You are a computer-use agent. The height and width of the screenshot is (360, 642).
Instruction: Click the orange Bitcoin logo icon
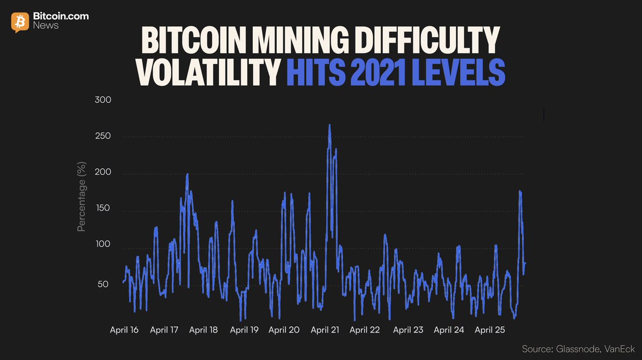click(20, 21)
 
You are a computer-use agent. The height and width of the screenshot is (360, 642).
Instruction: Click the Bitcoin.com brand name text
click(61, 17)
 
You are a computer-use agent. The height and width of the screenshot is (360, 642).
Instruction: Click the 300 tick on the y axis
click(103, 100)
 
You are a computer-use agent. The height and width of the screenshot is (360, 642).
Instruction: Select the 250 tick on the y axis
click(103, 136)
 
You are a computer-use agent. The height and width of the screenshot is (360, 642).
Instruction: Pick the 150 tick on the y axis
click(103, 208)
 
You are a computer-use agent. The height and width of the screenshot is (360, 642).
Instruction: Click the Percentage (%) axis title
click(81, 197)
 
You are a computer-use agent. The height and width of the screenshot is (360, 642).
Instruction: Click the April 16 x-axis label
click(124, 330)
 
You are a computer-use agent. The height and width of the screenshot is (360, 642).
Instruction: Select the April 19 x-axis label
click(244, 330)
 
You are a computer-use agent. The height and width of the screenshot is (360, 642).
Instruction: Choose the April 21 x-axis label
click(325, 330)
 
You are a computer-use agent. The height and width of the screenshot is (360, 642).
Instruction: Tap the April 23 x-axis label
click(408, 330)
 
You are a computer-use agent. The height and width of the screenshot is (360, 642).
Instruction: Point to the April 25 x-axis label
click(489, 330)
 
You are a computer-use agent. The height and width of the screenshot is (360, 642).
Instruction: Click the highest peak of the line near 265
click(329, 125)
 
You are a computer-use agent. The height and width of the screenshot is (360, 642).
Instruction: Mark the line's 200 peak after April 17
click(187, 174)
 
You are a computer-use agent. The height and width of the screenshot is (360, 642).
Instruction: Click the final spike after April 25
click(519, 191)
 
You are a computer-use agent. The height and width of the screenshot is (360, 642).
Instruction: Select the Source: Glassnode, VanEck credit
click(578, 349)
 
